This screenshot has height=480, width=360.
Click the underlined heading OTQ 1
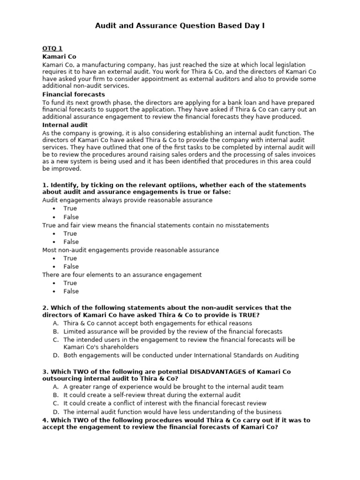point(52,48)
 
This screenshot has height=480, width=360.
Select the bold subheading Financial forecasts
point(74,94)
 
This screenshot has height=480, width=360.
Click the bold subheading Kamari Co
point(59,56)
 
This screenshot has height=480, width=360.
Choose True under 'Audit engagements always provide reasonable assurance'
point(70,209)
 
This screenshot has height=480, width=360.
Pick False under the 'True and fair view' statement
point(71,242)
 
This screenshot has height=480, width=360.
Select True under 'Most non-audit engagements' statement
point(70,258)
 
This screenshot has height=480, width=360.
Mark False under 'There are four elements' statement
point(71,291)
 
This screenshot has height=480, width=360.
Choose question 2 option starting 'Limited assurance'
point(173,331)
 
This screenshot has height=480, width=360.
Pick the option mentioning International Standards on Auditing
point(181,355)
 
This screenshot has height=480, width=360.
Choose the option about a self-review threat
point(152,395)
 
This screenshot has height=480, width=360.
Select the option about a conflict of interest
point(165,403)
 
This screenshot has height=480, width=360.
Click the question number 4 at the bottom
point(45,420)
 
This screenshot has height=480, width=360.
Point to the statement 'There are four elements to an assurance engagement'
point(122,275)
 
